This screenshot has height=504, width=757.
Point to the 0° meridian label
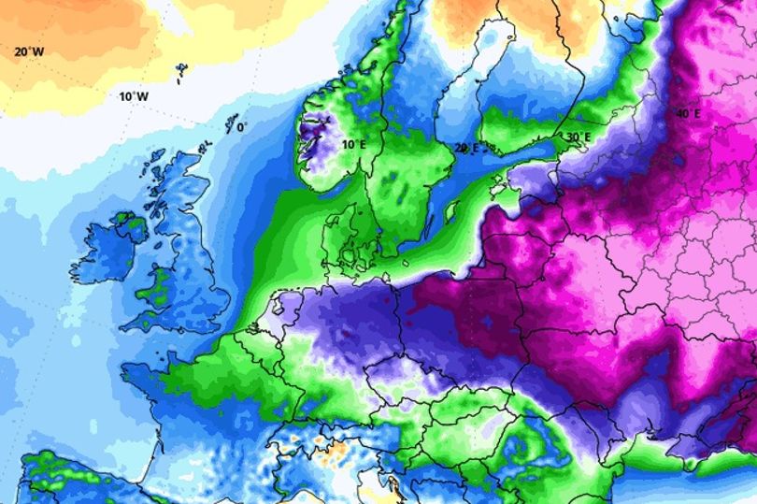[x=242, y=126]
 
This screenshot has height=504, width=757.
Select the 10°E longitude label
[x=352, y=144]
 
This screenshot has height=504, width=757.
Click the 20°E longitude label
[x=465, y=148]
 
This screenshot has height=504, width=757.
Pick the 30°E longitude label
[x=577, y=137]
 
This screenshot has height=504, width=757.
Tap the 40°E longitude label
[x=688, y=114]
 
